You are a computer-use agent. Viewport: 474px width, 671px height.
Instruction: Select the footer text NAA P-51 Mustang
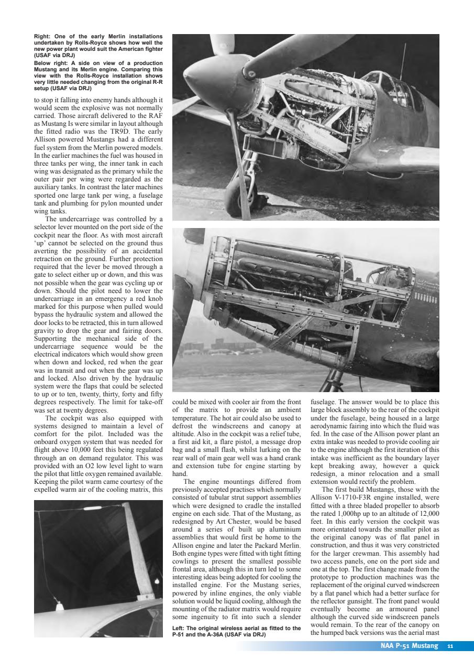pyautogui.click(x=409, y=646)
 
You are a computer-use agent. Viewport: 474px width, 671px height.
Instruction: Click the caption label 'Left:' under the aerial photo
pyautogui.click(x=180, y=628)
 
